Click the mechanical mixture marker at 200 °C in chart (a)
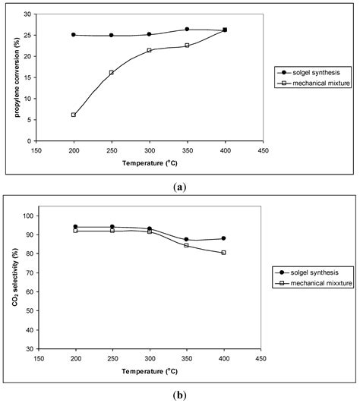(x=74, y=115)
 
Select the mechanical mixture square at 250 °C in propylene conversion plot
(x=112, y=73)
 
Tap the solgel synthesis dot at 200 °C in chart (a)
(x=74, y=35)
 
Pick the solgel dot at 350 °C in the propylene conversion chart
(x=187, y=30)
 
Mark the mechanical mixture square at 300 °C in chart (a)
(x=150, y=50)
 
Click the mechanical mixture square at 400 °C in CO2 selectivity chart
(x=224, y=253)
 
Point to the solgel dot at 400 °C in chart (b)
(x=224, y=238)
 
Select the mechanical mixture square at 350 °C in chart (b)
(x=187, y=245)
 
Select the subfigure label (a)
(x=179, y=186)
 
